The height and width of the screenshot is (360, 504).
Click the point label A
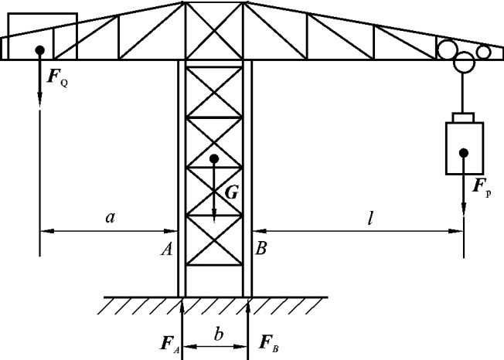(166, 249)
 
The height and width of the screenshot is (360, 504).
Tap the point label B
(262, 249)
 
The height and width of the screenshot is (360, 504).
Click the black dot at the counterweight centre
(39, 50)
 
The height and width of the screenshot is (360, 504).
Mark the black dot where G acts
(214, 159)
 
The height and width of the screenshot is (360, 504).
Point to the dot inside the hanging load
(464, 152)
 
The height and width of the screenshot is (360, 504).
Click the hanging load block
(464, 147)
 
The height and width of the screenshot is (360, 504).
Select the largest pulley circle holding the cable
(465, 62)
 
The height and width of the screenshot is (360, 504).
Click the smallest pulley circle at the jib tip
(484, 52)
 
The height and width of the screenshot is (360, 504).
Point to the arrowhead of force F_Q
(39, 100)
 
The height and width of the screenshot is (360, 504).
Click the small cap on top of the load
(464, 117)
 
